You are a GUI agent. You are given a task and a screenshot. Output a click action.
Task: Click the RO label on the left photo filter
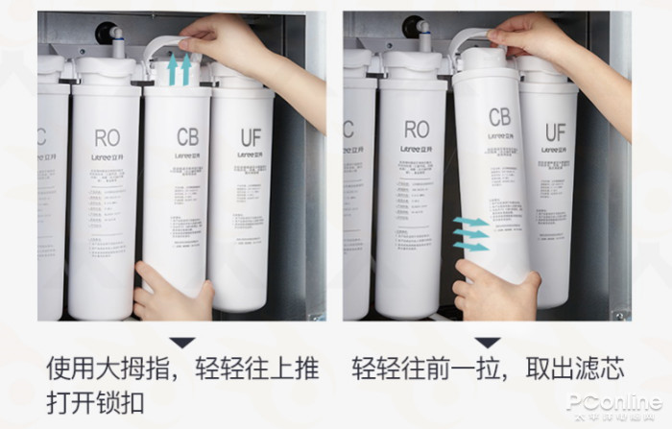108,138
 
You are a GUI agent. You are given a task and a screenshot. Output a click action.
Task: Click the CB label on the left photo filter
187,137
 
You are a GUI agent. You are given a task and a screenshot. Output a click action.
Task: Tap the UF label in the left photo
250,138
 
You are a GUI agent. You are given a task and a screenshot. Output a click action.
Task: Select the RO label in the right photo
417,129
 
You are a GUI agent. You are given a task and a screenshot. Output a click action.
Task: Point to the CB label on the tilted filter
499,118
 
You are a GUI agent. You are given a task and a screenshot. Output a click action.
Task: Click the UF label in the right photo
556,131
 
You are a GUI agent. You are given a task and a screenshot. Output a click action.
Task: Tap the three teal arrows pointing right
471,234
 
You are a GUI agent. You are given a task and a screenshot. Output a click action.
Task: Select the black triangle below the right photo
488,342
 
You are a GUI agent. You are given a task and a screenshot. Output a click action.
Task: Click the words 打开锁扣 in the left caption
97,400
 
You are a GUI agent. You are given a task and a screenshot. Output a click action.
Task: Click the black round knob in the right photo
412,26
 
